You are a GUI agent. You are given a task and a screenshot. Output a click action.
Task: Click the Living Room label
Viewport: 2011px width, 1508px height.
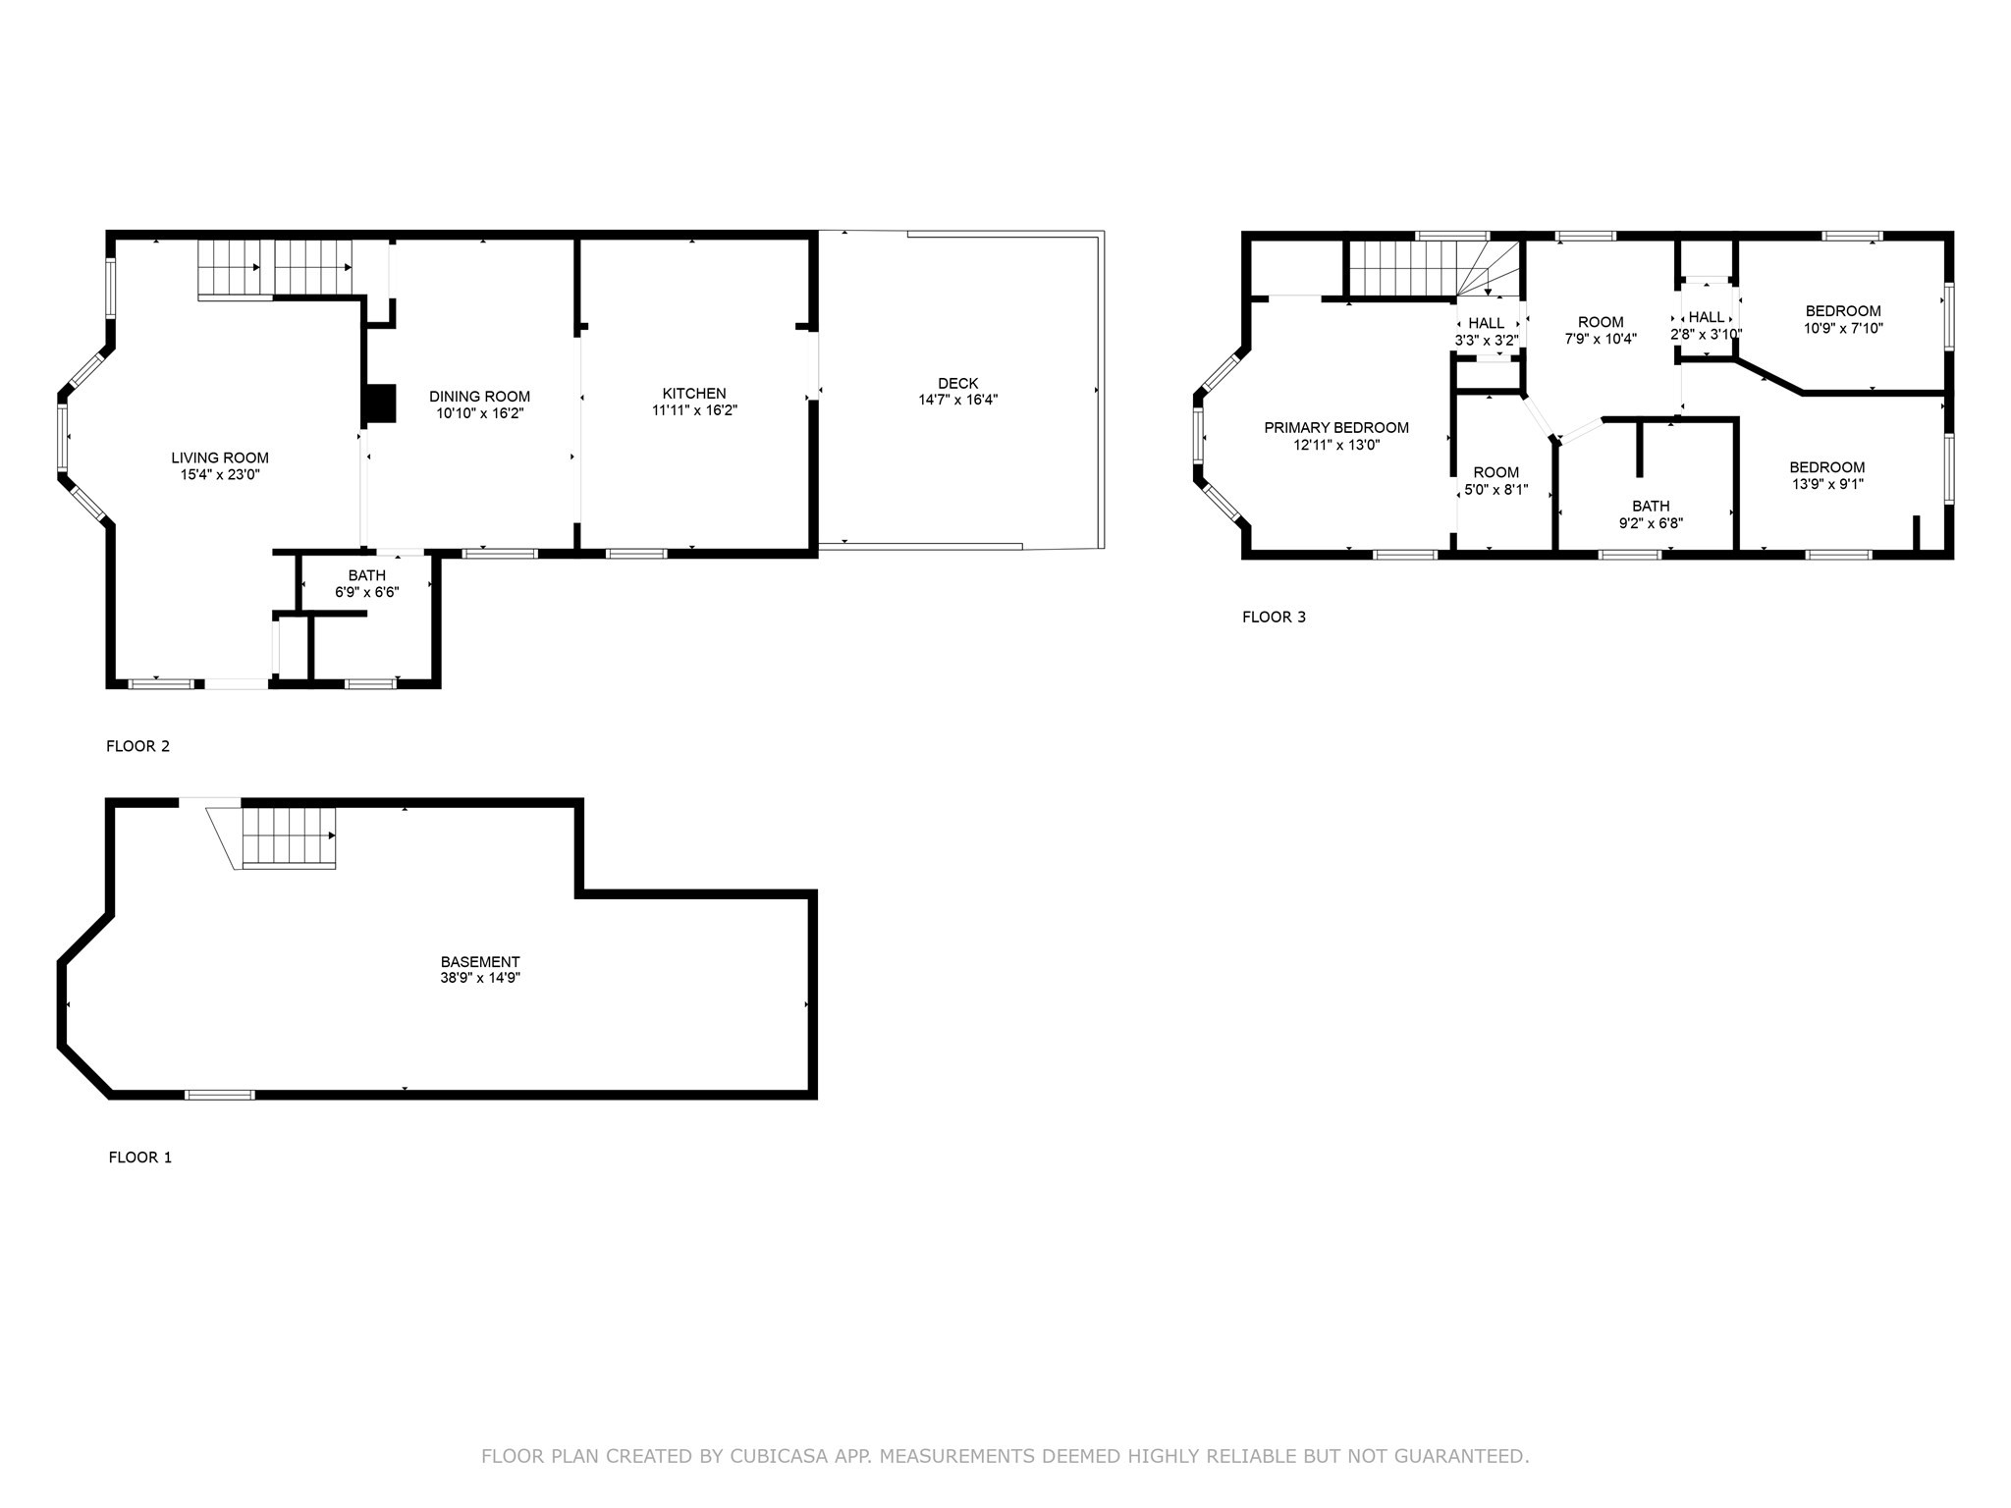click(x=220, y=458)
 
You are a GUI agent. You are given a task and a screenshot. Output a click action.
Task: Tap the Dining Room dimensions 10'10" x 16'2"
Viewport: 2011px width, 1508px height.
click(x=480, y=413)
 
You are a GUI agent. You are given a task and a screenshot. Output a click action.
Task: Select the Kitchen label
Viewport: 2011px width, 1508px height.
click(x=694, y=394)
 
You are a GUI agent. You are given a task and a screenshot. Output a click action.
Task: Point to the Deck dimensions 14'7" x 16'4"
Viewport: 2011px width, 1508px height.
click(x=958, y=400)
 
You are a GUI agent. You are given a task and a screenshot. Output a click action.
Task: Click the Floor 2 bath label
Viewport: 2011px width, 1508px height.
click(x=366, y=575)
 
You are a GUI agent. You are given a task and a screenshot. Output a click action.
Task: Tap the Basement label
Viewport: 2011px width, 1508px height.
click(x=480, y=962)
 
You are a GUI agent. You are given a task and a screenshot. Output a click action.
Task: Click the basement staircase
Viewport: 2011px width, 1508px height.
click(x=290, y=836)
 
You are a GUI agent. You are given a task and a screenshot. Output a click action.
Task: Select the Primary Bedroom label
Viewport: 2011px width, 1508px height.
click(x=1335, y=428)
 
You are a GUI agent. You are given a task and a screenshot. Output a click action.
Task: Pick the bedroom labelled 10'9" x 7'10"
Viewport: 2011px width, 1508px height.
click(x=1842, y=320)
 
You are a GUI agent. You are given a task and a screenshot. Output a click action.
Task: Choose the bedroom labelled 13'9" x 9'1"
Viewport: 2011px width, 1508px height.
click(x=1826, y=475)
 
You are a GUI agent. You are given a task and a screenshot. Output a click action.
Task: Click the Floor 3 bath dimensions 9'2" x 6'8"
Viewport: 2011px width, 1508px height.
click(x=1651, y=523)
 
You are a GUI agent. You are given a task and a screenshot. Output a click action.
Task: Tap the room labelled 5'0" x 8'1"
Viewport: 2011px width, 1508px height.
click(x=1495, y=480)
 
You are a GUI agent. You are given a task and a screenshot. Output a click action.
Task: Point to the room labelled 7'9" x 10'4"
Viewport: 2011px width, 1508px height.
click(x=1601, y=330)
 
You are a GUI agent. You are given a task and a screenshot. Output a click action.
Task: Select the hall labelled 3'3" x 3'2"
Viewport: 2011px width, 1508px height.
click(x=1487, y=332)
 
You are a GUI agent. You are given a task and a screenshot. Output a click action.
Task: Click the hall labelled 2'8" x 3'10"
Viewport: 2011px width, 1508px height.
click(x=1707, y=325)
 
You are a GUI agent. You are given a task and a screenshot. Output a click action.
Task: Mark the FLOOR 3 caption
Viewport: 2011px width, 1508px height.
click(x=1274, y=618)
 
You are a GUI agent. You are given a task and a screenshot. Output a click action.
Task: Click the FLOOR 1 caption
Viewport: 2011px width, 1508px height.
click(x=139, y=1158)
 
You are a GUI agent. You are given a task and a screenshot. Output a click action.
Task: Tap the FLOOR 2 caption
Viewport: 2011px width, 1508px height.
click(x=137, y=746)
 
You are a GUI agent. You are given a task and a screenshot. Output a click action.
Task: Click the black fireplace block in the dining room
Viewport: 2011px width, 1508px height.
click(x=380, y=404)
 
